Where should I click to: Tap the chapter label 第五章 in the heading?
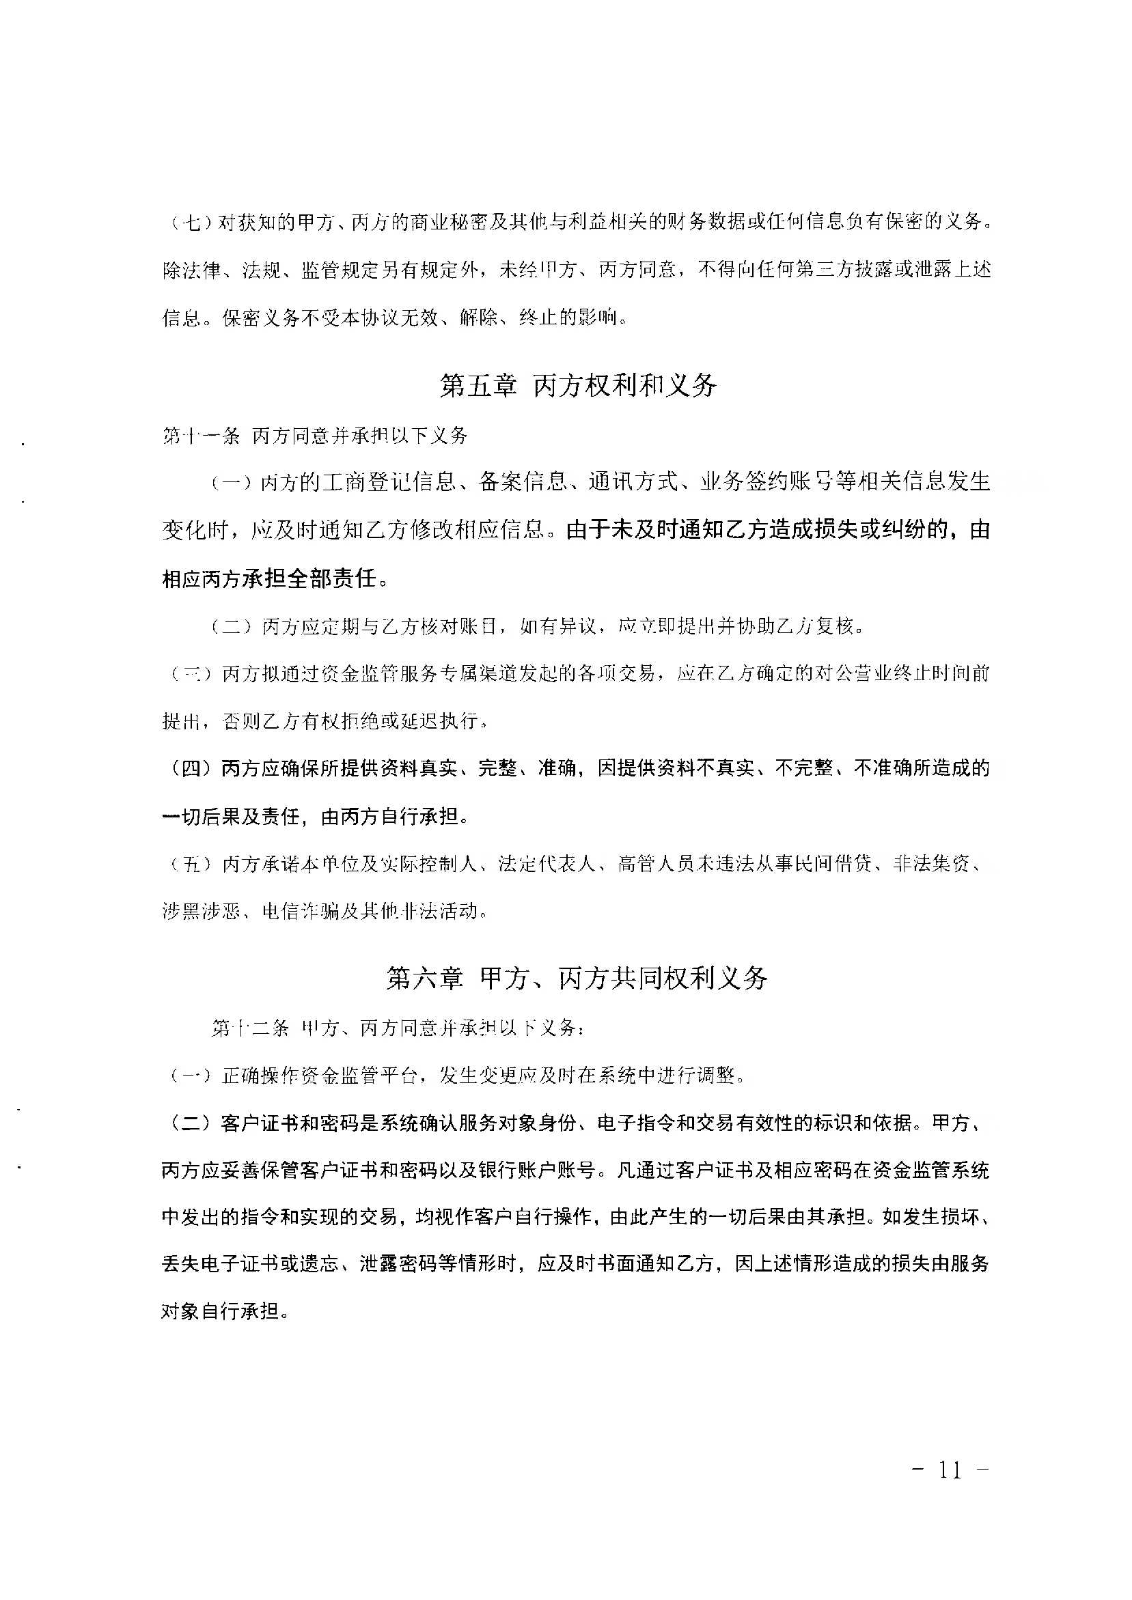click(478, 385)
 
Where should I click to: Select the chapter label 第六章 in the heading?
click(424, 978)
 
